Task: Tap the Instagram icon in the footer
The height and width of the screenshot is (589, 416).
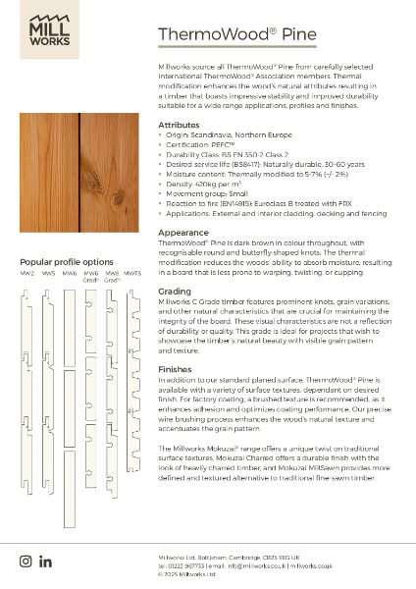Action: point(26,561)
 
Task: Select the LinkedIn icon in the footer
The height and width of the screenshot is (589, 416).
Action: point(45,561)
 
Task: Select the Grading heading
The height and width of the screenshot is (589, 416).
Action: point(175,292)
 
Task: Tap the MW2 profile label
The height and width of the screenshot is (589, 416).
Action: point(27,273)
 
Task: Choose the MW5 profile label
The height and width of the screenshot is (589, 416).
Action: point(48,273)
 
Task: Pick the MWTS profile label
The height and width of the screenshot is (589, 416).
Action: point(132,273)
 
